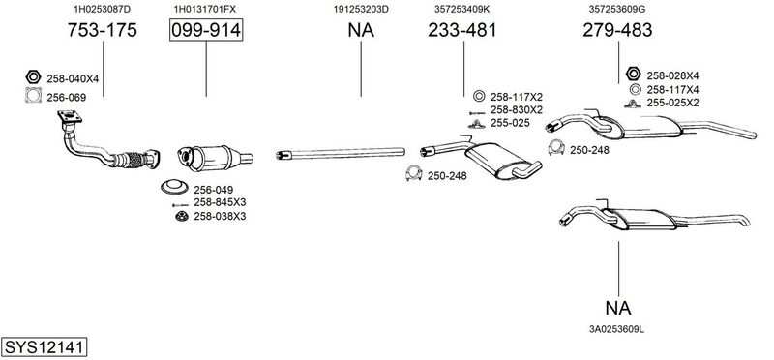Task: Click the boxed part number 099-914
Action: coord(206,30)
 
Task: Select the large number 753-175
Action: coord(103,30)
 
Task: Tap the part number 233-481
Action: coord(462,30)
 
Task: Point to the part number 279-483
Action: coord(617,30)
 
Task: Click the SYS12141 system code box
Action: coord(44,346)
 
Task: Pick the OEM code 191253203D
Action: coord(361,9)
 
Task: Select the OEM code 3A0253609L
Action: coord(616,328)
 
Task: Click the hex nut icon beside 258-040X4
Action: coord(33,77)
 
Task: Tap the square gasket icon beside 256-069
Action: coord(33,95)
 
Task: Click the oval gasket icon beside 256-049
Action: coord(174,187)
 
